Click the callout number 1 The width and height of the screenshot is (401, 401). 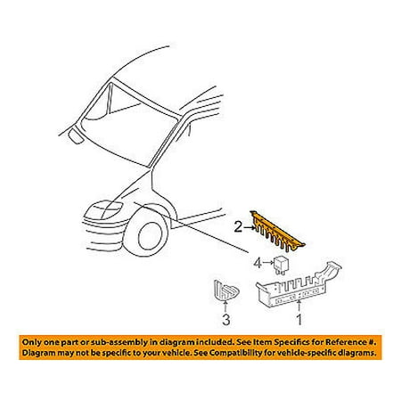click(299, 319)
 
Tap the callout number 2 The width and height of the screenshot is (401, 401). click(239, 227)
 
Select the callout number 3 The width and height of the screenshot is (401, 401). click(226, 320)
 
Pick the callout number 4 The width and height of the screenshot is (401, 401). click(258, 263)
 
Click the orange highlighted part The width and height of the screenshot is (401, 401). click(277, 231)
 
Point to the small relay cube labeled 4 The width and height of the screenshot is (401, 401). click(280, 264)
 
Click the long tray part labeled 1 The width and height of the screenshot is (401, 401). click(299, 285)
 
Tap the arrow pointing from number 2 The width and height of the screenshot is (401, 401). click(250, 228)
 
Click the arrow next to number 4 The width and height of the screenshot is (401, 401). click(268, 263)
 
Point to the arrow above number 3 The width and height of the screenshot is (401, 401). click(225, 307)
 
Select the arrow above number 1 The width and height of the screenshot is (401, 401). click(299, 307)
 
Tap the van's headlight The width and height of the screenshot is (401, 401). click(104, 210)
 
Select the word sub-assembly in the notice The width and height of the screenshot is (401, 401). click(121, 342)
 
